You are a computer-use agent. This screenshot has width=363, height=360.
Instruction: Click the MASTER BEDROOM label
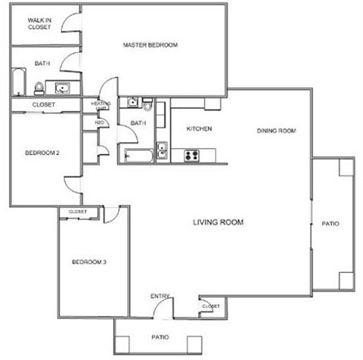click(x=150, y=45)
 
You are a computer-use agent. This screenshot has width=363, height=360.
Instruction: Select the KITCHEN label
click(x=200, y=129)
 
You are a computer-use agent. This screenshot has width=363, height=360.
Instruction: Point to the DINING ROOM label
click(x=276, y=131)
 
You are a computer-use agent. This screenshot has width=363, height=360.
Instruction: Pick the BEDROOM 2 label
click(x=42, y=153)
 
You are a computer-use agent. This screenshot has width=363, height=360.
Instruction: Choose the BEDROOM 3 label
click(x=88, y=262)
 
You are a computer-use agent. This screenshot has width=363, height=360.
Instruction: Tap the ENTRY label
click(x=160, y=296)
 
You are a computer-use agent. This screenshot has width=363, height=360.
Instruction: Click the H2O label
click(x=98, y=121)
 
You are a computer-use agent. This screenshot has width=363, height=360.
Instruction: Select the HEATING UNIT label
click(x=101, y=105)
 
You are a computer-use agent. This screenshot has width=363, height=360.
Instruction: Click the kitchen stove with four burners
click(x=191, y=157)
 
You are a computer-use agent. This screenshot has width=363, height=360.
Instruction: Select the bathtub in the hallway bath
click(x=138, y=156)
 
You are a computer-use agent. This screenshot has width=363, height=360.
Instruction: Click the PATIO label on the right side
click(x=330, y=224)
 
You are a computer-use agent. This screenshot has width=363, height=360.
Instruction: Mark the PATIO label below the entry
click(x=160, y=337)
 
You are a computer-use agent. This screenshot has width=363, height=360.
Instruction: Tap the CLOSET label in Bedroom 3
click(x=78, y=212)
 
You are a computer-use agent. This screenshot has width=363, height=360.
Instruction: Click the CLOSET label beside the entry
click(x=211, y=306)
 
